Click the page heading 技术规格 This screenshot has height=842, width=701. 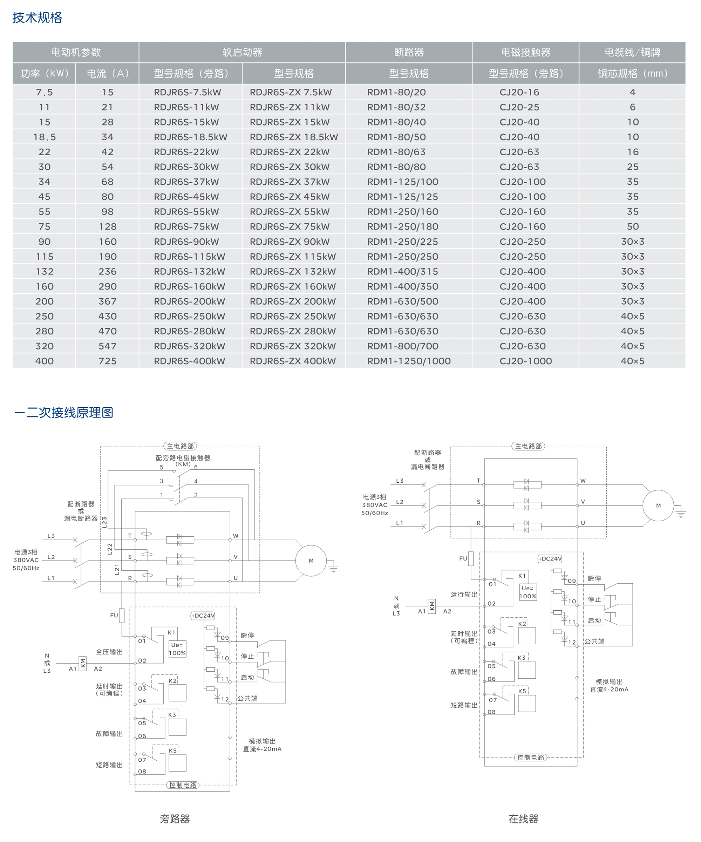(37, 18)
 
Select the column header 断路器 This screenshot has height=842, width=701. (408, 52)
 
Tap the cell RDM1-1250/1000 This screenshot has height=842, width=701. (408, 361)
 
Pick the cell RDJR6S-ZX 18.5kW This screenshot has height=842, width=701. (293, 137)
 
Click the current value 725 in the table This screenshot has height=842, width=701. (107, 361)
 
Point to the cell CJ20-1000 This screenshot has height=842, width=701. (525, 361)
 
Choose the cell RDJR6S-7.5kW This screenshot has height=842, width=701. (187, 92)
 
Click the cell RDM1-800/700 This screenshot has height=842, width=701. (402, 346)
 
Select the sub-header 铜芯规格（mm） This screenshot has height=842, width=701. (632, 73)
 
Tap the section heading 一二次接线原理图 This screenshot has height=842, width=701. (64, 413)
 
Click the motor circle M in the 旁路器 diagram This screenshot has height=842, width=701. (311, 561)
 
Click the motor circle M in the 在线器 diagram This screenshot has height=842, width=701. (658, 505)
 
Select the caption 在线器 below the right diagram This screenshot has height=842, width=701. (523, 819)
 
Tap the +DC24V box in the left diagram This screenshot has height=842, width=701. (203, 616)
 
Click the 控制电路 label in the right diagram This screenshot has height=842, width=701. (530, 758)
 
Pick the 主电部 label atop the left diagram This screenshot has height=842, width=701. (180, 446)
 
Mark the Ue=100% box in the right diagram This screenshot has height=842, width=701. (528, 592)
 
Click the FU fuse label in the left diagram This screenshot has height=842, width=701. (114, 616)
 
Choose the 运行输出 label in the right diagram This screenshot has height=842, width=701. (464, 594)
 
